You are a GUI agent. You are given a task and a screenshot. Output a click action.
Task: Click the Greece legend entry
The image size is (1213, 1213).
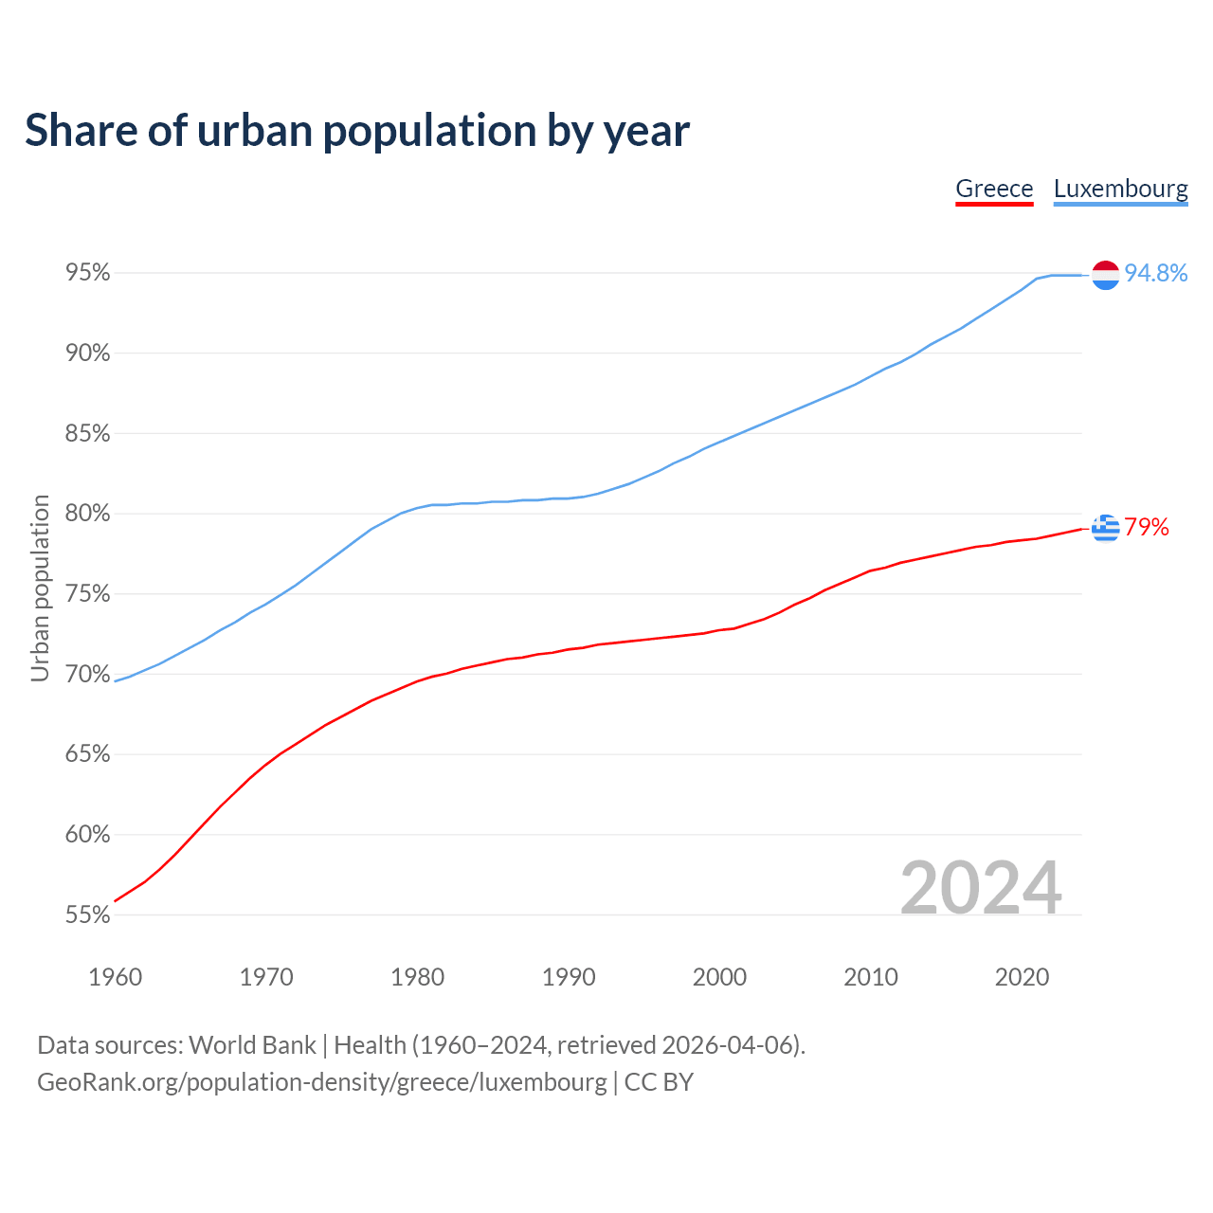click(994, 189)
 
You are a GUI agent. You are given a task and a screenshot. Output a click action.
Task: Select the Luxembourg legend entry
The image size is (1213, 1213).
click(1120, 189)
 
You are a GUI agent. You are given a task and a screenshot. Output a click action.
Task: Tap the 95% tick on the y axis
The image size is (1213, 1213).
click(88, 273)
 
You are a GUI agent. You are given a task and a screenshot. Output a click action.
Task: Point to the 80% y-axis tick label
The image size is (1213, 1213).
click(88, 514)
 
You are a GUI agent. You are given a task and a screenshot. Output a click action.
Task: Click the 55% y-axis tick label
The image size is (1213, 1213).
click(88, 915)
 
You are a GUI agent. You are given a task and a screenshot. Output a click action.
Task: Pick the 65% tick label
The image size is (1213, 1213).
click(88, 754)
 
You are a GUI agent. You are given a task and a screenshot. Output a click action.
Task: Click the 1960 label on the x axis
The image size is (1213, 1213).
click(116, 977)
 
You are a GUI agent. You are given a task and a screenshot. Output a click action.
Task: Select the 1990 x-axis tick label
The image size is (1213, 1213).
click(569, 977)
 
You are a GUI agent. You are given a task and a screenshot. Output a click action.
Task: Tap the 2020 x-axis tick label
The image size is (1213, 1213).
click(1022, 977)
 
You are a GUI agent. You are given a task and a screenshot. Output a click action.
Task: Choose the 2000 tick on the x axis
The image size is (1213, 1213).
click(719, 977)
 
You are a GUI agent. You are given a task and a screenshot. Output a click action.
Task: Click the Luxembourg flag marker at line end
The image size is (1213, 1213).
click(1106, 275)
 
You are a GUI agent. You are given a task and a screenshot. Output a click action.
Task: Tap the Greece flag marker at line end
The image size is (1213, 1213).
click(1106, 528)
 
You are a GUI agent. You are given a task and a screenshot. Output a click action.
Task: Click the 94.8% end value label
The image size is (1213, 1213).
click(1156, 274)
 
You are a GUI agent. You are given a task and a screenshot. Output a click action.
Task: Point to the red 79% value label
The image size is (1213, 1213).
click(1147, 528)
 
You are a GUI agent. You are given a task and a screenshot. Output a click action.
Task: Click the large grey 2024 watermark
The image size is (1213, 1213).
click(981, 888)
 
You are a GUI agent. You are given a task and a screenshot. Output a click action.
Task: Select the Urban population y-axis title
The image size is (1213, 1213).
click(40, 588)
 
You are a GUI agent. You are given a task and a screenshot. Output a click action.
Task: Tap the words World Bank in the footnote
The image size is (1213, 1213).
click(252, 1045)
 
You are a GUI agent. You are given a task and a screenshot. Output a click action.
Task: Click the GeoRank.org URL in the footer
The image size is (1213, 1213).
click(322, 1082)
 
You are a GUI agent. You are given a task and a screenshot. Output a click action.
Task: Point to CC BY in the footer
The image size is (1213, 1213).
click(659, 1082)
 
